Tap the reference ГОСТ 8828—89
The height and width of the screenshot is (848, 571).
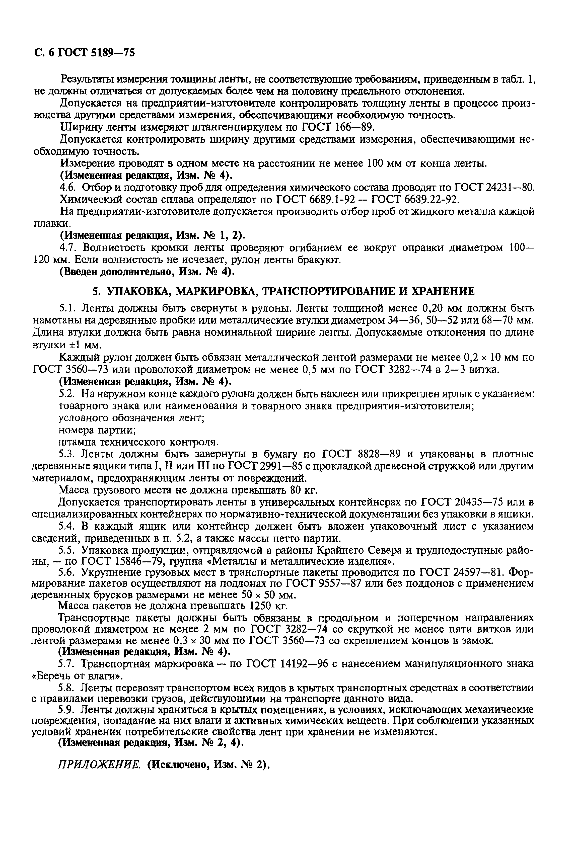pos(361,454)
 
